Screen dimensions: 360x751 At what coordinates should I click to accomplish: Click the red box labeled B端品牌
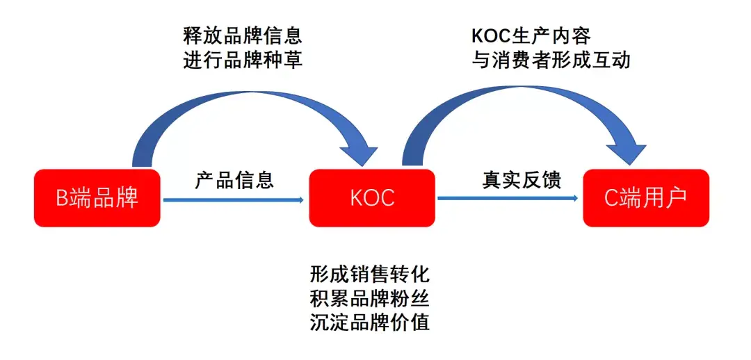click(x=97, y=198)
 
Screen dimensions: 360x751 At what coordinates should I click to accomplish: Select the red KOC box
click(x=372, y=198)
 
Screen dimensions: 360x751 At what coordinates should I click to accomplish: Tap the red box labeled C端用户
click(x=646, y=198)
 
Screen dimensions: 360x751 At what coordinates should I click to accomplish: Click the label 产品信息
click(x=234, y=181)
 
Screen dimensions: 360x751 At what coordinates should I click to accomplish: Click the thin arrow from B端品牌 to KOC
click(x=233, y=200)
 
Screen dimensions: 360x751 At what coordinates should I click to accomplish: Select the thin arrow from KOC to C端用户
click(x=508, y=199)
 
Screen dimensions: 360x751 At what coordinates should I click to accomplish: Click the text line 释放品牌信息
click(x=243, y=35)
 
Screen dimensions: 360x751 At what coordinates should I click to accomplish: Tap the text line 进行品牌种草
click(x=243, y=60)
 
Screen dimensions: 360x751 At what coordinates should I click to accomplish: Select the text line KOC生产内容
click(x=531, y=35)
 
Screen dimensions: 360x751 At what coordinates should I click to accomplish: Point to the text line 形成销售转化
click(x=370, y=272)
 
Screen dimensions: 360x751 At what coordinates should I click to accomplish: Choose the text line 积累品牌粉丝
click(x=370, y=297)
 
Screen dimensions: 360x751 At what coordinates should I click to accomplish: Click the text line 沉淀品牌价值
click(x=370, y=322)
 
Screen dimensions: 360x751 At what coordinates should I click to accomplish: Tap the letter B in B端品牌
click(x=61, y=199)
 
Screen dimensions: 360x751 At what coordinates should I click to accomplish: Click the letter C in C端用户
click(x=610, y=199)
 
